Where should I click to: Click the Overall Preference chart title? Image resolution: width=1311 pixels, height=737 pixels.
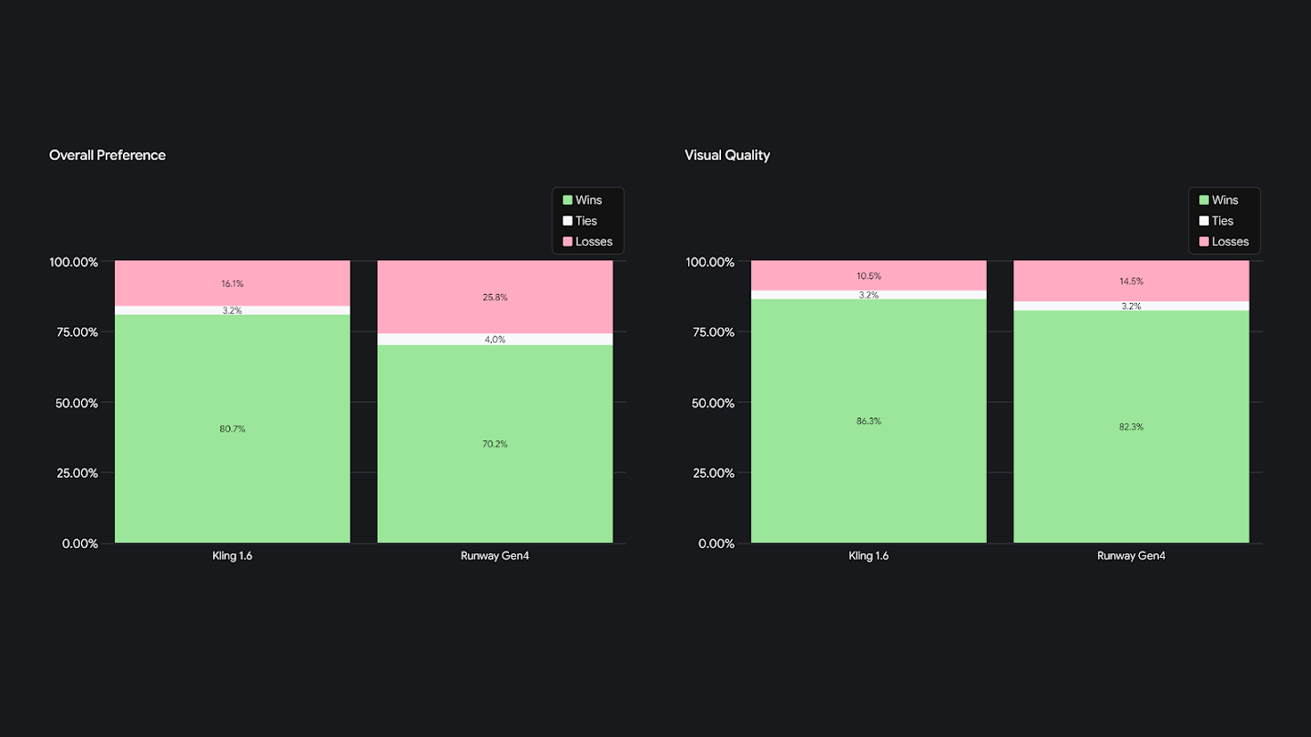107,156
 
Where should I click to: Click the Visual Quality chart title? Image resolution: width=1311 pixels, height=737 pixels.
727,156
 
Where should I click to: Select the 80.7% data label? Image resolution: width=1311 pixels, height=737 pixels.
232,429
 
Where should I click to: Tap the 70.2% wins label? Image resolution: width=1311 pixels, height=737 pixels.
495,444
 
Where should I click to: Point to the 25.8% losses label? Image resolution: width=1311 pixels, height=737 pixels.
495,298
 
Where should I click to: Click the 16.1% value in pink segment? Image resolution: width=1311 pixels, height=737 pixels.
232,284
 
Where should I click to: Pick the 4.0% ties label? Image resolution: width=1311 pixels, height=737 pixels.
495,339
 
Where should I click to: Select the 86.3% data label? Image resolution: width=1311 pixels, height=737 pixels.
869,421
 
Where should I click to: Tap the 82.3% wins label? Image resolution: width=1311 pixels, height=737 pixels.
1132,427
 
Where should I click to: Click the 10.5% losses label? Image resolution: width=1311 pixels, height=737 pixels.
869,277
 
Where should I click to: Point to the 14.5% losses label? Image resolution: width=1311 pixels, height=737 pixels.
1132,281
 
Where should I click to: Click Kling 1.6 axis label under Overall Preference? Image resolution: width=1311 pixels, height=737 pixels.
232,556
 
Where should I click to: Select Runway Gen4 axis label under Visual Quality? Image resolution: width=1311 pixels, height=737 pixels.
1132,556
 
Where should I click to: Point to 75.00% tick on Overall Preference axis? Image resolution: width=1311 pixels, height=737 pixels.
73,332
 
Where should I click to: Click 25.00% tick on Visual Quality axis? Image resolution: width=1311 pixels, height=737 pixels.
709,473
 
